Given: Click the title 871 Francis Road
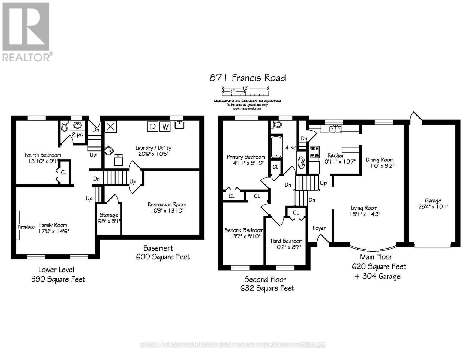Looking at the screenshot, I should pyautogui.click(x=247, y=78).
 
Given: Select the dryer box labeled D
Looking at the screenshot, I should pyautogui.click(x=152, y=127).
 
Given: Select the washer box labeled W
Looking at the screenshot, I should pyautogui.click(x=165, y=127).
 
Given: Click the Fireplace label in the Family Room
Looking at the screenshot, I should pyautogui.click(x=26, y=227).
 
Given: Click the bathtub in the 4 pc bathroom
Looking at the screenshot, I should pyautogui.click(x=276, y=147).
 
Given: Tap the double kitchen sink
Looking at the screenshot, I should pyautogui.click(x=335, y=129).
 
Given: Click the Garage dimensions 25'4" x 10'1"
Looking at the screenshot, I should pyautogui.click(x=433, y=207).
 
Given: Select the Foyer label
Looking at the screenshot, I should pyautogui.click(x=319, y=228).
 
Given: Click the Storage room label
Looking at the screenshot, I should pyautogui.click(x=109, y=215).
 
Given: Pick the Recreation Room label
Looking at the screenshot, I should pyautogui.click(x=167, y=205).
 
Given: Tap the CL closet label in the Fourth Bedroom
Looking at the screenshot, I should pyautogui.click(x=64, y=172).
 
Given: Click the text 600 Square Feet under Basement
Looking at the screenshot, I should pyautogui.click(x=163, y=257).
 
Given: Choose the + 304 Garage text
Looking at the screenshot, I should pyautogui.click(x=377, y=276).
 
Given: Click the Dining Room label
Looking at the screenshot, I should pyautogui.click(x=379, y=160).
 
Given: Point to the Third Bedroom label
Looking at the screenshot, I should pyautogui.click(x=286, y=241).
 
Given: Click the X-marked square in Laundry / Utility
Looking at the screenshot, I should pyautogui.click(x=110, y=127).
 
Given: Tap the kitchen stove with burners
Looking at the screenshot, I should pyautogui.click(x=314, y=151).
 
